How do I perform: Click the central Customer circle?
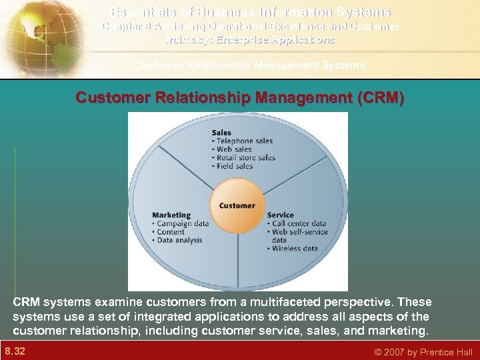pyautogui.click(x=237, y=206)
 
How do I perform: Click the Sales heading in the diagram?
pyautogui.click(x=222, y=133)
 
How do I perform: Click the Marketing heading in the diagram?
pyautogui.click(x=171, y=215)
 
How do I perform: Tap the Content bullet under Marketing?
pyautogui.click(x=171, y=231)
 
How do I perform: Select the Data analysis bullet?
pyautogui.click(x=178, y=239)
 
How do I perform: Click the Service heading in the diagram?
pyautogui.click(x=280, y=215)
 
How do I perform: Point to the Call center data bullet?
pyautogui.click(x=296, y=223)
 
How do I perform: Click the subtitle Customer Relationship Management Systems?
pyautogui.click(x=249, y=65)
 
